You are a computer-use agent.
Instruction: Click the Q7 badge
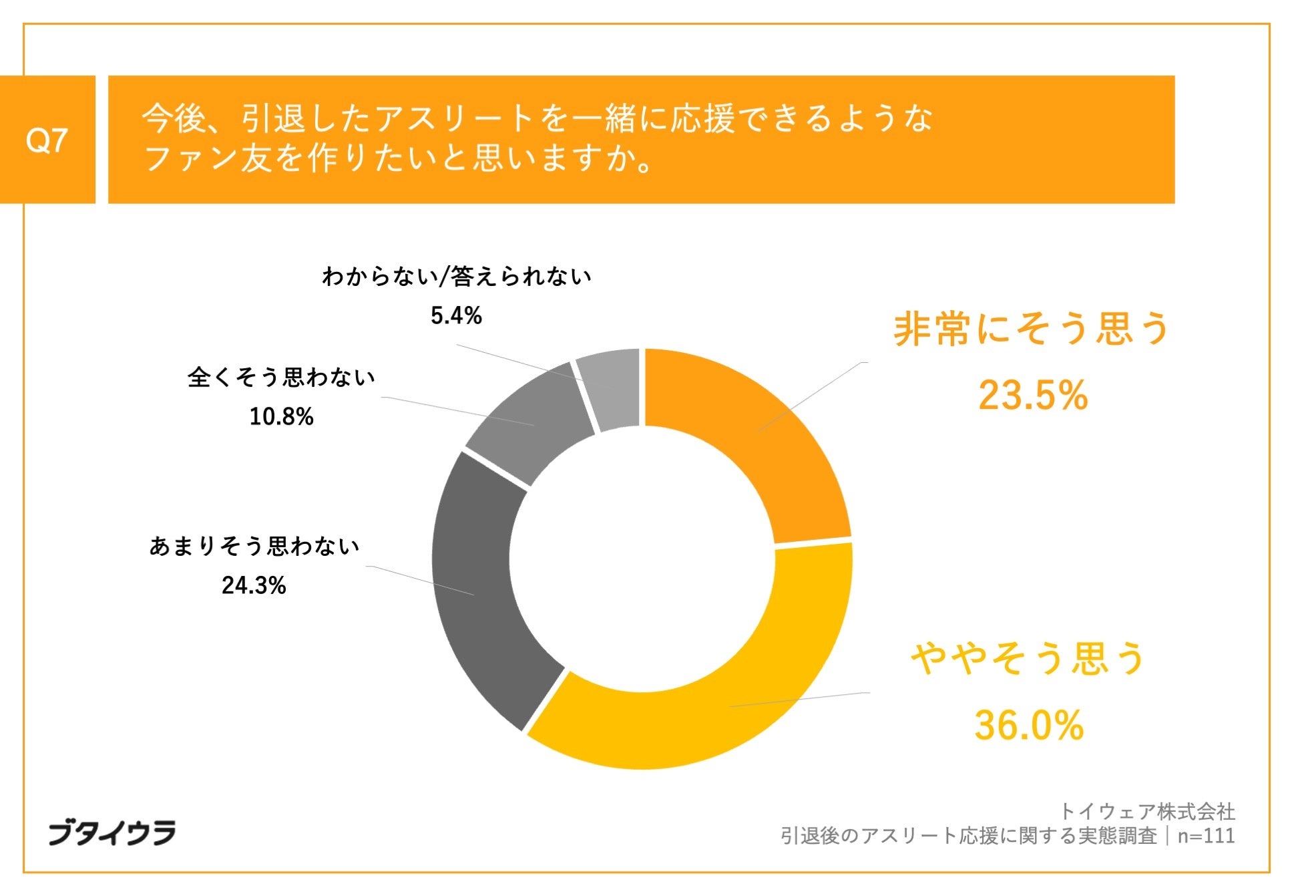tap(47, 140)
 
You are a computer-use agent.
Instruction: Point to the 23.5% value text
tap(1032, 394)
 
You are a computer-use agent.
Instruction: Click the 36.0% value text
tap(1028, 725)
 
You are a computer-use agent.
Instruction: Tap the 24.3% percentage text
tap(254, 585)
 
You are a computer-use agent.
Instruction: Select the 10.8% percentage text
tap(281, 417)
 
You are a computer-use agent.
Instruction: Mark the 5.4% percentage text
tap(456, 315)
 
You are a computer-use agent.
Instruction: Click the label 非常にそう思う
tap(1031, 329)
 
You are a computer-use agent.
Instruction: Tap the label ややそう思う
tap(1028, 658)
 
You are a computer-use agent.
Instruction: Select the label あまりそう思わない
tap(254, 547)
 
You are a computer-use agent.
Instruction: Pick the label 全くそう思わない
tap(281, 378)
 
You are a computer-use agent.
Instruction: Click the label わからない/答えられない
tap(456, 276)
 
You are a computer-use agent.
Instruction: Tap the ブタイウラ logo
tap(112, 833)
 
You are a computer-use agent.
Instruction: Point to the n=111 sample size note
tap(1206, 836)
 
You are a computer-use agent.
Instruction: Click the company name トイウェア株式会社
tap(1147, 811)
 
